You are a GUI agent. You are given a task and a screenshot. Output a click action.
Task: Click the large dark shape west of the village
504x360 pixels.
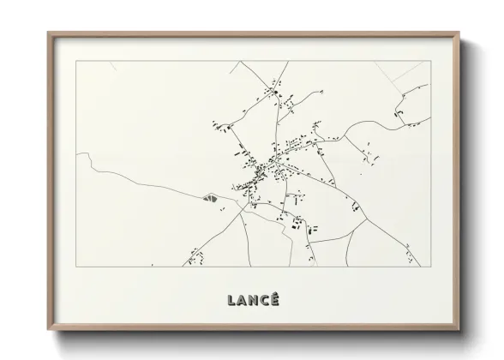(x=208, y=198)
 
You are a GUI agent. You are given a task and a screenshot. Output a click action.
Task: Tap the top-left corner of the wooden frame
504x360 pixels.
(x=48, y=33)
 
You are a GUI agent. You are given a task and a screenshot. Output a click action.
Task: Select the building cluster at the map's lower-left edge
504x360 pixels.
(x=195, y=255)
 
